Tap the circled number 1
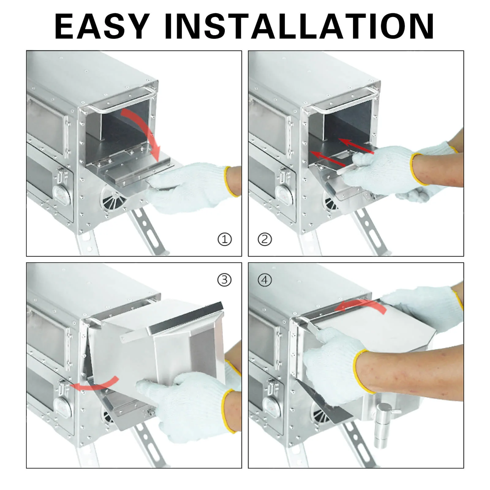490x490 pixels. pyautogui.click(x=224, y=239)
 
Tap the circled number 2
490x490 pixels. pyautogui.click(x=265, y=239)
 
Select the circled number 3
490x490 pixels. pyautogui.click(x=224, y=280)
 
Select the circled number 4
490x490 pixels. pyautogui.click(x=265, y=280)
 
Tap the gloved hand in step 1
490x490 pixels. pyautogui.click(x=190, y=187)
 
